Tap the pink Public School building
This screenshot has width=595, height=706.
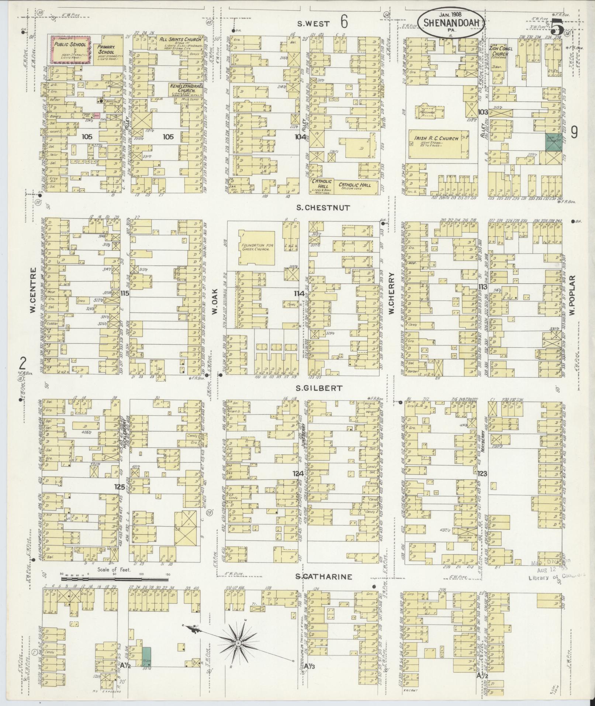70,51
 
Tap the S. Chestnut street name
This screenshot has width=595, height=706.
322,208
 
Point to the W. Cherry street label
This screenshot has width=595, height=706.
392,294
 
